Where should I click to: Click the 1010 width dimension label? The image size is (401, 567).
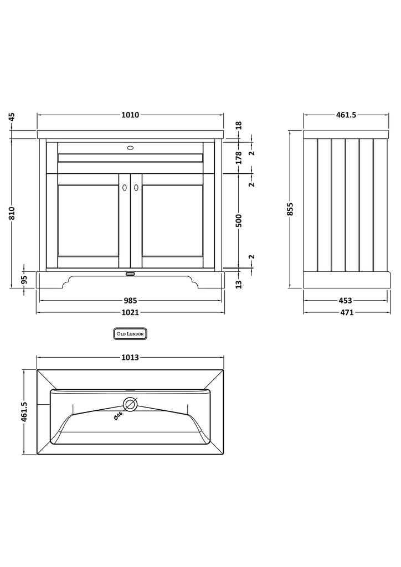coord(130,115)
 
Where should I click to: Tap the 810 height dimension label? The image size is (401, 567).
coord(12,213)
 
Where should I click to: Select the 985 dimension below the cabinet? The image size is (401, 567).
coord(130,301)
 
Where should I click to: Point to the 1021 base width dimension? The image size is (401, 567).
coord(130,312)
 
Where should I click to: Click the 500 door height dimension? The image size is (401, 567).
coord(239,221)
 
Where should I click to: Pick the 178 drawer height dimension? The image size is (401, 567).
coord(239,158)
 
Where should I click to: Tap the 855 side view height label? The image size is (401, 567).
coord(290,209)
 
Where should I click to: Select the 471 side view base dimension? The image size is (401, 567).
coord(347,312)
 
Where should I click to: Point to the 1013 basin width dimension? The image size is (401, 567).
coord(130,358)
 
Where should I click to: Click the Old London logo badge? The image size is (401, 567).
coord(130,334)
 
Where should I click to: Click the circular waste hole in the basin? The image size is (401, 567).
coord(131,404)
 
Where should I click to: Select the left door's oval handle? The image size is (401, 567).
coord(125,187)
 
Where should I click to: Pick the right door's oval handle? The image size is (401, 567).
coord(136,187)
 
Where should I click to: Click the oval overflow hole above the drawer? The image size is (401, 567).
coord(130,147)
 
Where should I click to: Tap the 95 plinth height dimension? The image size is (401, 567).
coord(24,280)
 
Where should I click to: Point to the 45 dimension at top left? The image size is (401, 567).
coord(12,117)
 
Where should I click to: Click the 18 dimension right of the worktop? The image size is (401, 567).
coord(239,126)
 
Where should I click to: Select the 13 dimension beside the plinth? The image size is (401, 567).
coord(239,284)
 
